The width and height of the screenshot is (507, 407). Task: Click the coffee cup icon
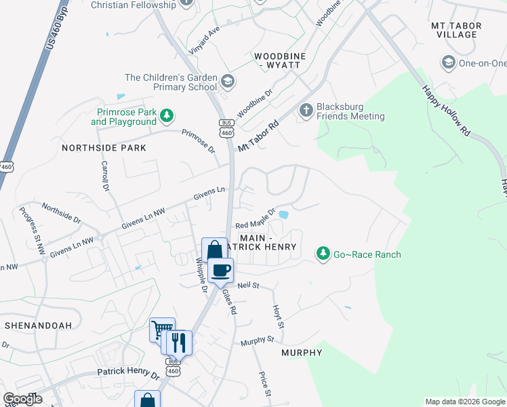click(220, 271)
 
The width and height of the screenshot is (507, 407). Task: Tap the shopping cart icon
click(162, 330)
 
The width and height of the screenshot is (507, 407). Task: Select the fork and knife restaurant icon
click(179, 342)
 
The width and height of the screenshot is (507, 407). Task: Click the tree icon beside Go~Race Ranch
click(323, 254)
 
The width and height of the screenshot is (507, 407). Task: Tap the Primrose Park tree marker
click(166, 117)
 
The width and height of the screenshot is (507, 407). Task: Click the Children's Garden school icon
click(228, 82)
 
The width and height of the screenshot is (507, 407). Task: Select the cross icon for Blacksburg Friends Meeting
click(306, 110)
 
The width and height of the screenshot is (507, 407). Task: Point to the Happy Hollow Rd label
click(445, 109)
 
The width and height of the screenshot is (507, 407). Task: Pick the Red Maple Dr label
click(255, 219)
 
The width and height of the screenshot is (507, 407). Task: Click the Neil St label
click(247, 286)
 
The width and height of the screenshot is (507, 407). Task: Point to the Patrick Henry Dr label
click(127, 374)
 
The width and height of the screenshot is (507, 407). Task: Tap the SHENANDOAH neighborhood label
click(38, 326)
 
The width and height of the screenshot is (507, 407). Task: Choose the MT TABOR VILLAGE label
click(456, 30)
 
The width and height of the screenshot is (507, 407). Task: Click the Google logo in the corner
click(22, 399)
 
